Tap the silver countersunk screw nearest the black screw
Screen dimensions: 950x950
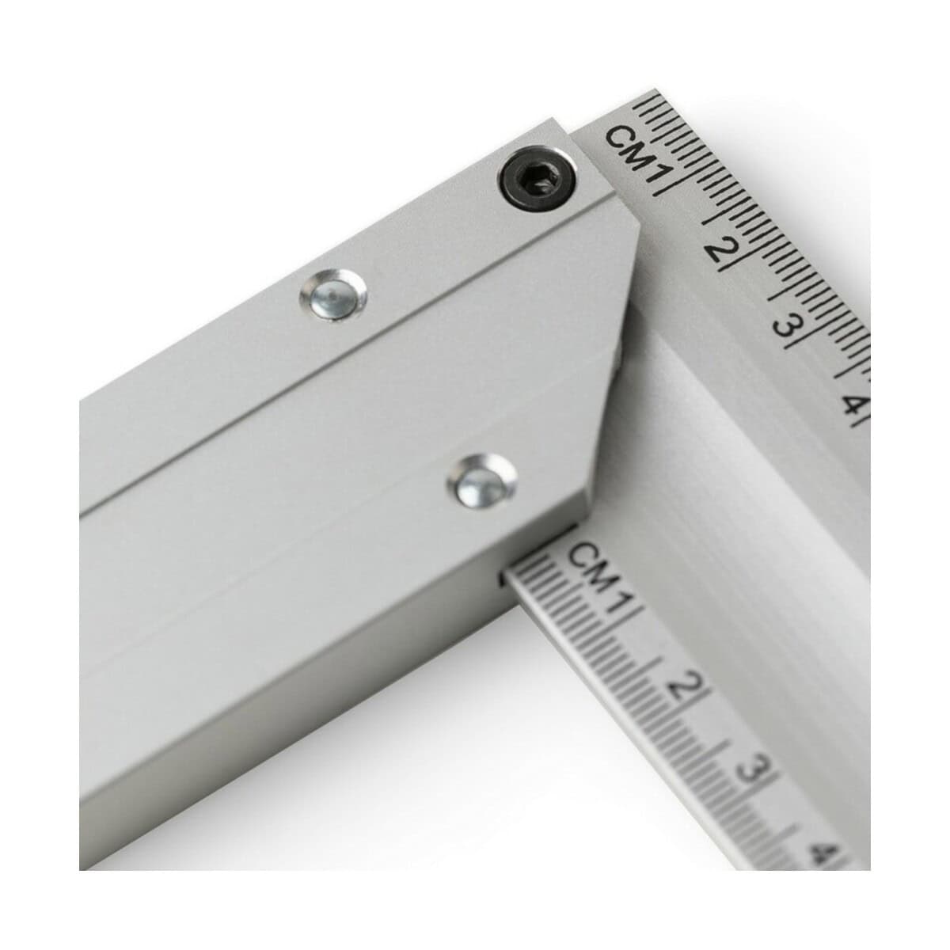pos(334,295)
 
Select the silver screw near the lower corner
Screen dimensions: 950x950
pos(481,481)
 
